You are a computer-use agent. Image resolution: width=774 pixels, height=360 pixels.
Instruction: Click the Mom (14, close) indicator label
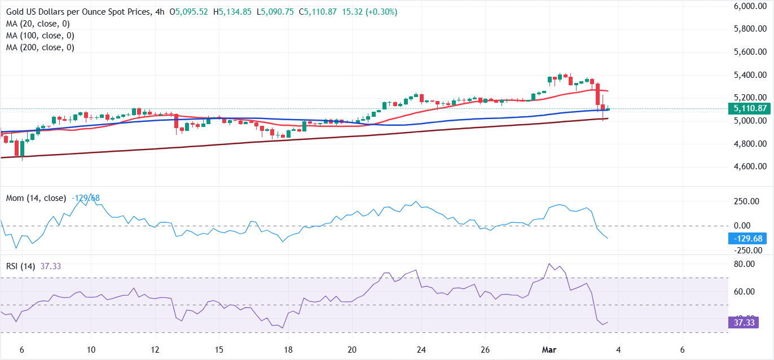(36, 198)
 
